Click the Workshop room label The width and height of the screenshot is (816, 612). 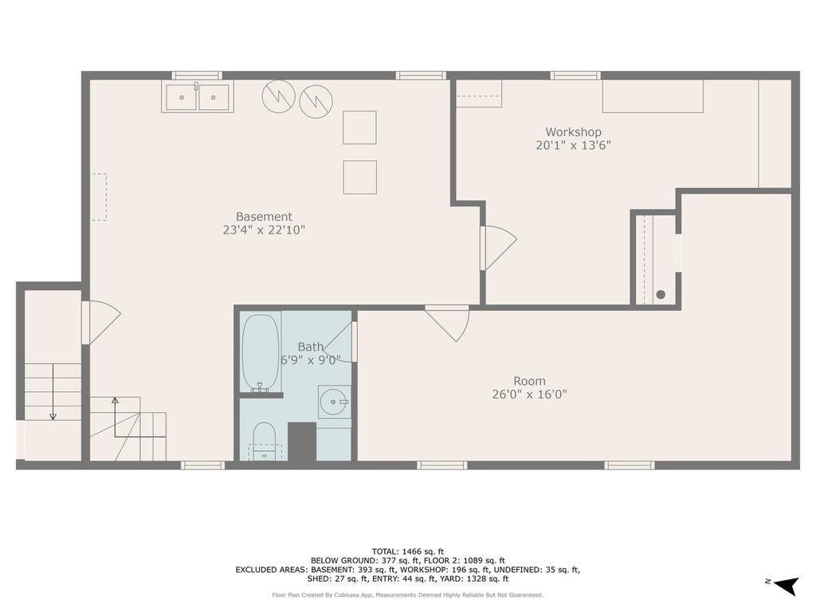573,132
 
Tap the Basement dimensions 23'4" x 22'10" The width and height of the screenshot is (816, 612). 264,230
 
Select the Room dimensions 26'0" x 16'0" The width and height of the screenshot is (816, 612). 529,394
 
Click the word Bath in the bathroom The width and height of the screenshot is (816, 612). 311,347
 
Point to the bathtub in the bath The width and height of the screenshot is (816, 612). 261,351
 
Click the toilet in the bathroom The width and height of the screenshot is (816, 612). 264,441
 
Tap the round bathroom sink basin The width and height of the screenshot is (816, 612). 333,402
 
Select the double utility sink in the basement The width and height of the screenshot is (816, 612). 198,96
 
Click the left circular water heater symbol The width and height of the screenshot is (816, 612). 278,96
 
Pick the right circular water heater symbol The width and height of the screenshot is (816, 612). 316,101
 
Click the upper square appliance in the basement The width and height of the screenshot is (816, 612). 359,127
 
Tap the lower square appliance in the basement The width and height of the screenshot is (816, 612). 359,178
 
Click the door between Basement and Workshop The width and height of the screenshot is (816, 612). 498,248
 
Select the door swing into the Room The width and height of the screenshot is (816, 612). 448,323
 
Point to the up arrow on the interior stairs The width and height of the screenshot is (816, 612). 115,417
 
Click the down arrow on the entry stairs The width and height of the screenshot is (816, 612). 53,391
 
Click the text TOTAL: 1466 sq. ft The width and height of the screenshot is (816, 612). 407,551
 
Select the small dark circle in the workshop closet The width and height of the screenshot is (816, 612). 661,295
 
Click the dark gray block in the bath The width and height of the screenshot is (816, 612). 302,441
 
